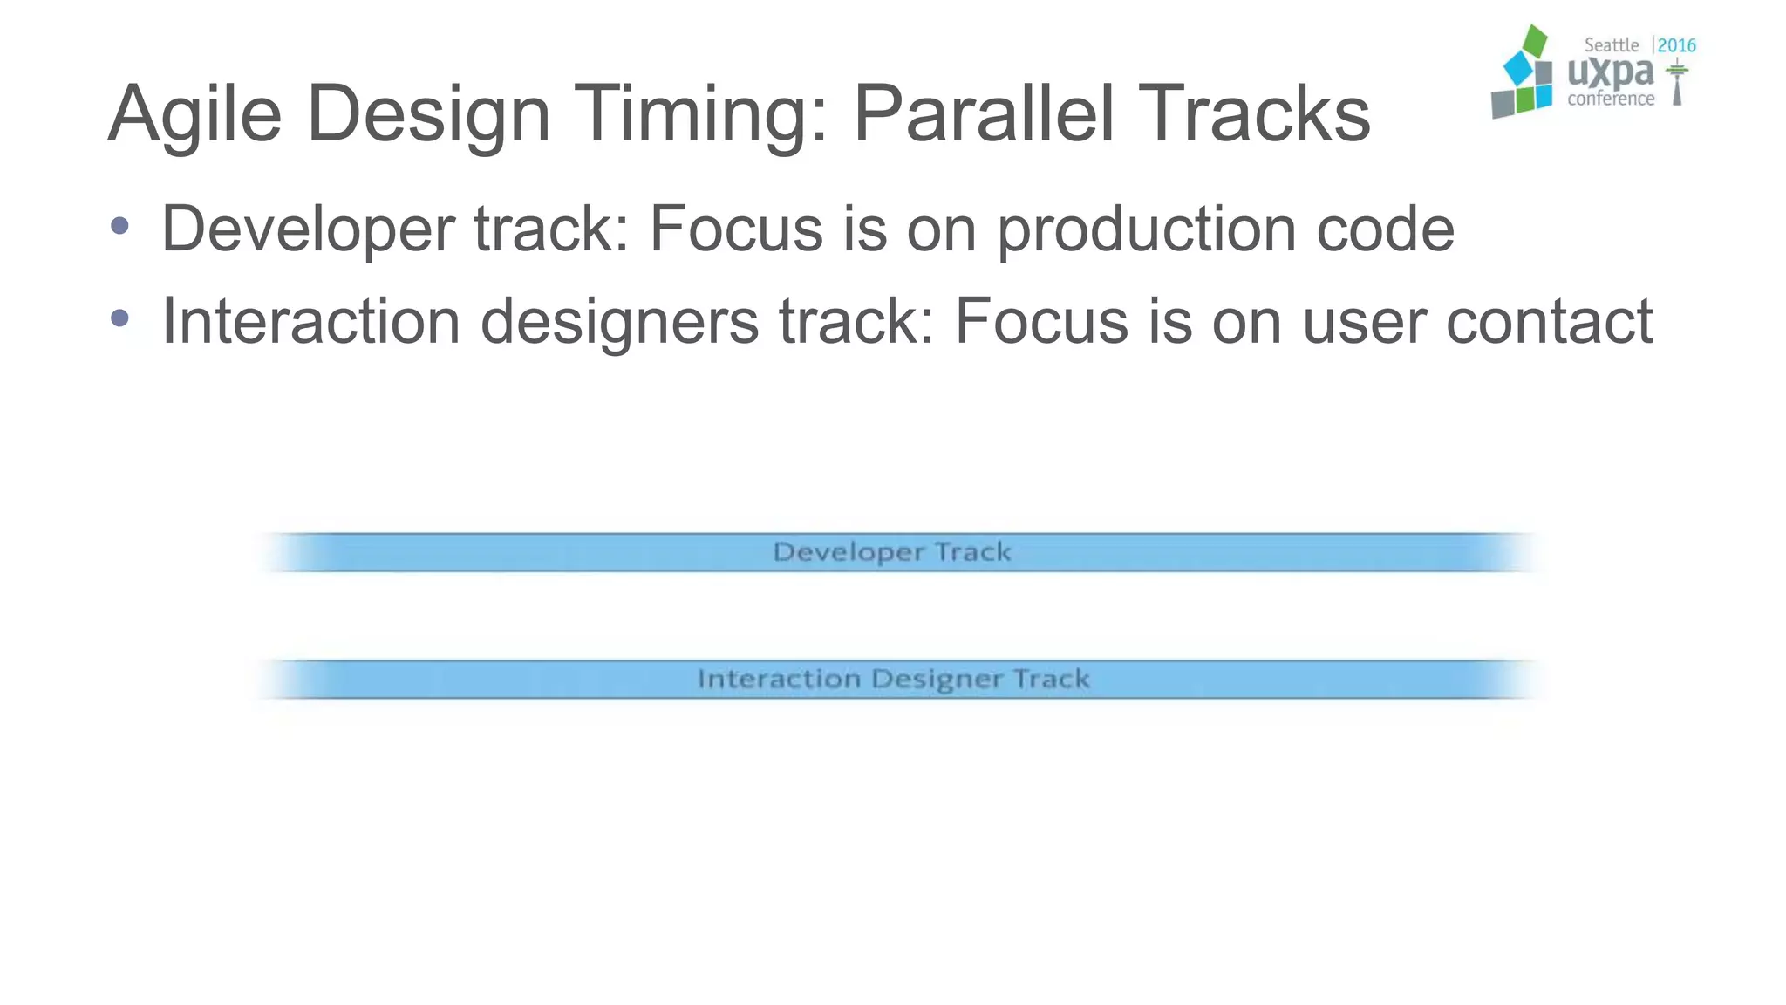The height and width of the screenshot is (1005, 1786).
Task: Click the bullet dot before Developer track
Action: click(120, 227)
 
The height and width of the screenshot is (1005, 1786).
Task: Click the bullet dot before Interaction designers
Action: click(120, 319)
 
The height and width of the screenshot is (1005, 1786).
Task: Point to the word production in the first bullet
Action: click(1146, 230)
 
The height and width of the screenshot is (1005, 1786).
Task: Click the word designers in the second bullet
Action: click(619, 323)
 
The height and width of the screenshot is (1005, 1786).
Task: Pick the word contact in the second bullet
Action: click(1549, 321)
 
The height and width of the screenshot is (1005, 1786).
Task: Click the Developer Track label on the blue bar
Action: click(892, 552)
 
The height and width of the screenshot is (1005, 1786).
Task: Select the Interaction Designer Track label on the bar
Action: click(893, 679)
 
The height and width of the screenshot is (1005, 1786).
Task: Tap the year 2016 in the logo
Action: click(1676, 45)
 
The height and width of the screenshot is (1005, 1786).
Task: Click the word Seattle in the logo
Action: click(1611, 45)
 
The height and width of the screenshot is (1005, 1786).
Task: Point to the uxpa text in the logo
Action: click(1610, 72)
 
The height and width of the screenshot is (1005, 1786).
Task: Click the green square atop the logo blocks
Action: click(1534, 41)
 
